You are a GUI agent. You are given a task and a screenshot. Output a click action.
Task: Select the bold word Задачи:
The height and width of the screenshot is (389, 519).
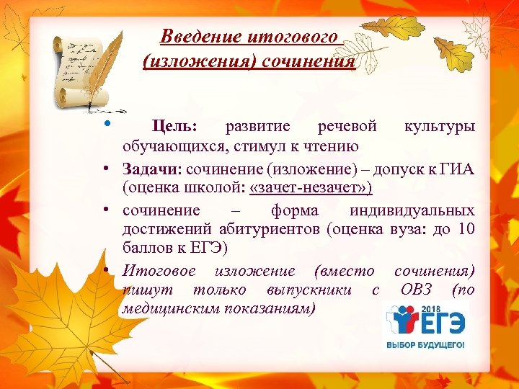point(154,169)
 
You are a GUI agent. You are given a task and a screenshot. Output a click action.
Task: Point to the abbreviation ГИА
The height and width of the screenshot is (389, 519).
point(458,169)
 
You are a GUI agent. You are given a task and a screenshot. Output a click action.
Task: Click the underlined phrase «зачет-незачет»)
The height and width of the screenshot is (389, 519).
point(311,188)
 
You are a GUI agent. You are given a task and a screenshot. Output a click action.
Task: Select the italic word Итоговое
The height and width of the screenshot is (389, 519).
point(164,271)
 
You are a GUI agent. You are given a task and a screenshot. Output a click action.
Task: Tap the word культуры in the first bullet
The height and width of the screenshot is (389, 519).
point(440,127)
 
